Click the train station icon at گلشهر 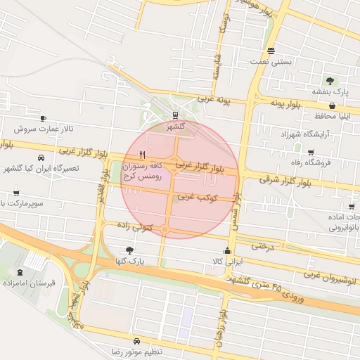pos(175,116)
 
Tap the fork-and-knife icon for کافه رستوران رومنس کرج pos(143,155)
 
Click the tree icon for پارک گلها pos(129,250)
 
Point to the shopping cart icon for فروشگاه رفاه pos(311,153)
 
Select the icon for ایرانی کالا pos(226,251)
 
